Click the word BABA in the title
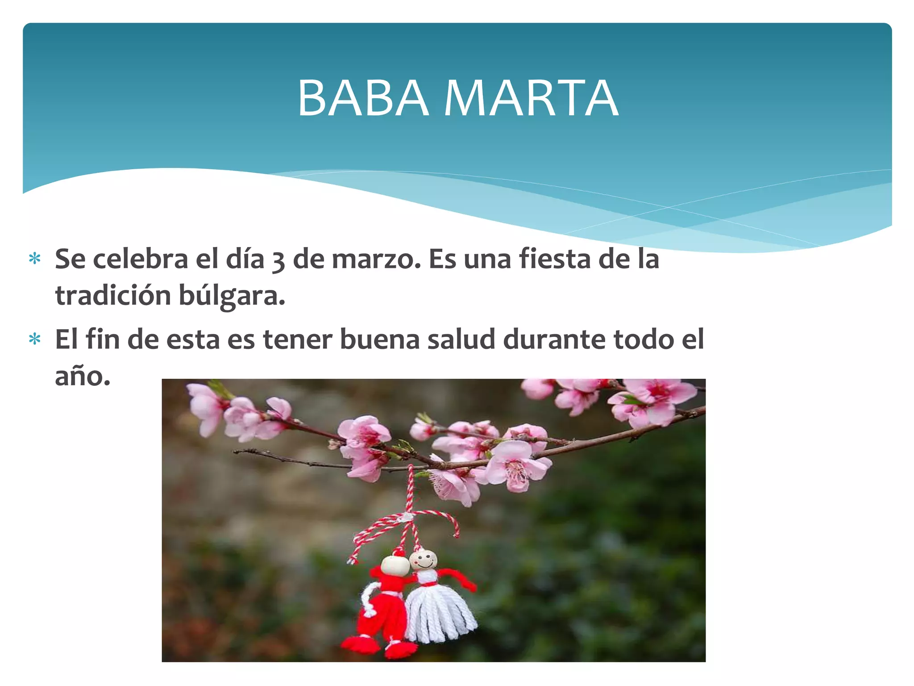[363, 98]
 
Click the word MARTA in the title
[531, 98]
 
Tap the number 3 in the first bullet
[278, 260]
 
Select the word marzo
[376, 259]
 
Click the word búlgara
[232, 296]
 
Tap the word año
[82, 376]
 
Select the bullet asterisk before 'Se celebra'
[35, 259]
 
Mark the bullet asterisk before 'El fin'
[35, 340]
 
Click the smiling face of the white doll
[424, 559]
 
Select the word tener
[298, 339]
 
